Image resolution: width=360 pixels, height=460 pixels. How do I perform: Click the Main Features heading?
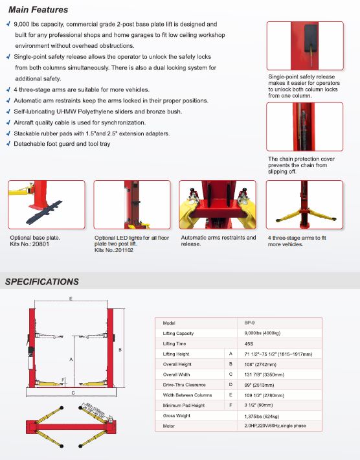click(x=38, y=10)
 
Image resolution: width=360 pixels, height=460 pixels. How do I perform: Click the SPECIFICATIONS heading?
click(x=42, y=282)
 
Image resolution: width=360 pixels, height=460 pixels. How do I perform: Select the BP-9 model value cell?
click(x=249, y=323)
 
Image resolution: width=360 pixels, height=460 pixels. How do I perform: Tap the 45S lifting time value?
click(x=249, y=343)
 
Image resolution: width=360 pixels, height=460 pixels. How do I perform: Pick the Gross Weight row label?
click(x=177, y=416)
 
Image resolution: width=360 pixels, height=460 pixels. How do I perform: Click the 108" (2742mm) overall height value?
click(x=260, y=364)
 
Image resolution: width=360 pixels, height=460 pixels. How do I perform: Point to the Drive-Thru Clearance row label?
click(x=184, y=385)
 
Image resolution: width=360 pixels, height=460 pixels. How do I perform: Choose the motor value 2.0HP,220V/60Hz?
click(x=275, y=426)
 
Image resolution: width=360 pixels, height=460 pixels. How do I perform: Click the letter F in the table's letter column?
click(x=231, y=405)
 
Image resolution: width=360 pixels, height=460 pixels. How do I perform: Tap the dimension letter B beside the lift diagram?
click(x=120, y=350)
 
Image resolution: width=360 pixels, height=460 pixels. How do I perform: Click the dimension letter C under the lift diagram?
click(x=73, y=393)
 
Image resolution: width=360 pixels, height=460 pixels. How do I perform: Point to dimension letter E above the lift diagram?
click(x=71, y=299)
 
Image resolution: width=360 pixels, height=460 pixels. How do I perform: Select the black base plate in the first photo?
click(x=45, y=212)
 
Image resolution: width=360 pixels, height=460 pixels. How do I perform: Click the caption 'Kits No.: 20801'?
click(x=30, y=244)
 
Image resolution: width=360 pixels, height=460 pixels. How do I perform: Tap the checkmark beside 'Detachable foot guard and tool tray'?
click(x=8, y=144)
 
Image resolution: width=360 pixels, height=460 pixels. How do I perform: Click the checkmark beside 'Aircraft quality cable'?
click(x=8, y=122)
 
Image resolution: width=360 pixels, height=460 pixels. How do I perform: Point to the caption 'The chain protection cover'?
click(x=301, y=159)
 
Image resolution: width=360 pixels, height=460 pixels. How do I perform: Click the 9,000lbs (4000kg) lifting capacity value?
click(x=262, y=333)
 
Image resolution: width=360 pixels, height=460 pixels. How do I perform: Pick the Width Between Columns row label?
click(x=187, y=395)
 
